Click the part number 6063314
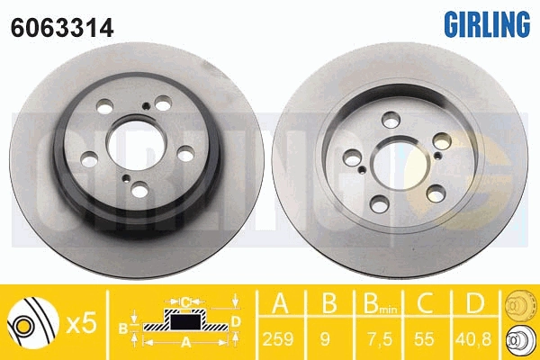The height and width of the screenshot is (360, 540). [x=62, y=28]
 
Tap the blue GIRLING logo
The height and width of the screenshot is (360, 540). [x=487, y=23]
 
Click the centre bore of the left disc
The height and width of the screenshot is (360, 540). [x=137, y=144]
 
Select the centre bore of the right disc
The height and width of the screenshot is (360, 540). [x=400, y=164]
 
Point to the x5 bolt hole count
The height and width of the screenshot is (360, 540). [x=82, y=324]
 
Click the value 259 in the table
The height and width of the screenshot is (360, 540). [x=278, y=339]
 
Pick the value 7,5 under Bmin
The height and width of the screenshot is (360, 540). [x=379, y=339]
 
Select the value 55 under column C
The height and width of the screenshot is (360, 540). [x=424, y=339]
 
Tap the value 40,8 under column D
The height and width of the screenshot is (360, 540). [x=473, y=339]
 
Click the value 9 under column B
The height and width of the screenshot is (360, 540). [x=325, y=339]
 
